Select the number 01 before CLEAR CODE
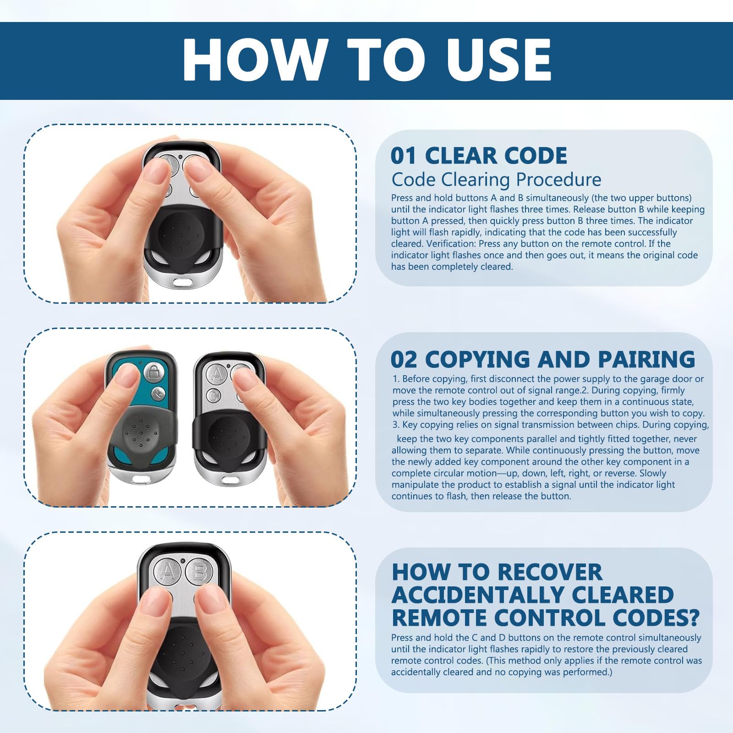[404, 156]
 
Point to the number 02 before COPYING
[404, 359]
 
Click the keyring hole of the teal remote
[142, 480]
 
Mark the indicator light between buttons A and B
[183, 561]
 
